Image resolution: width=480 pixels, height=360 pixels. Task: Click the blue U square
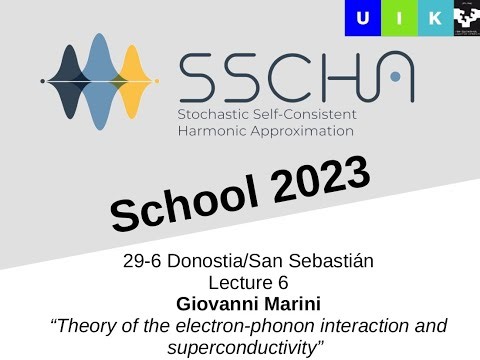tap(362, 18)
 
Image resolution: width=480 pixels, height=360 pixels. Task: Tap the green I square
tap(398, 18)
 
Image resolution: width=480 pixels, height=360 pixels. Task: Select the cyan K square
tap(434, 18)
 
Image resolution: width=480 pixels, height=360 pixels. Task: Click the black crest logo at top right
tap(466, 18)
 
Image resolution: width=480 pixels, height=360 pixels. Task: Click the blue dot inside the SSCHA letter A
tap(396, 75)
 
